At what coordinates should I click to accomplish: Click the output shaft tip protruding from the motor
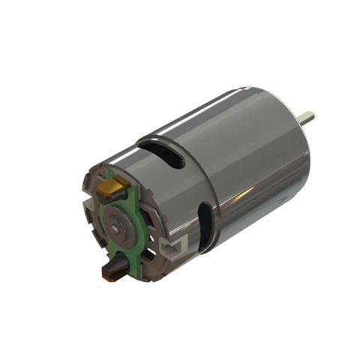point(307,117)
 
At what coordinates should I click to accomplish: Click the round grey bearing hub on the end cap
point(115,220)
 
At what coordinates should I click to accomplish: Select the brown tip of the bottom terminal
point(107,273)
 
